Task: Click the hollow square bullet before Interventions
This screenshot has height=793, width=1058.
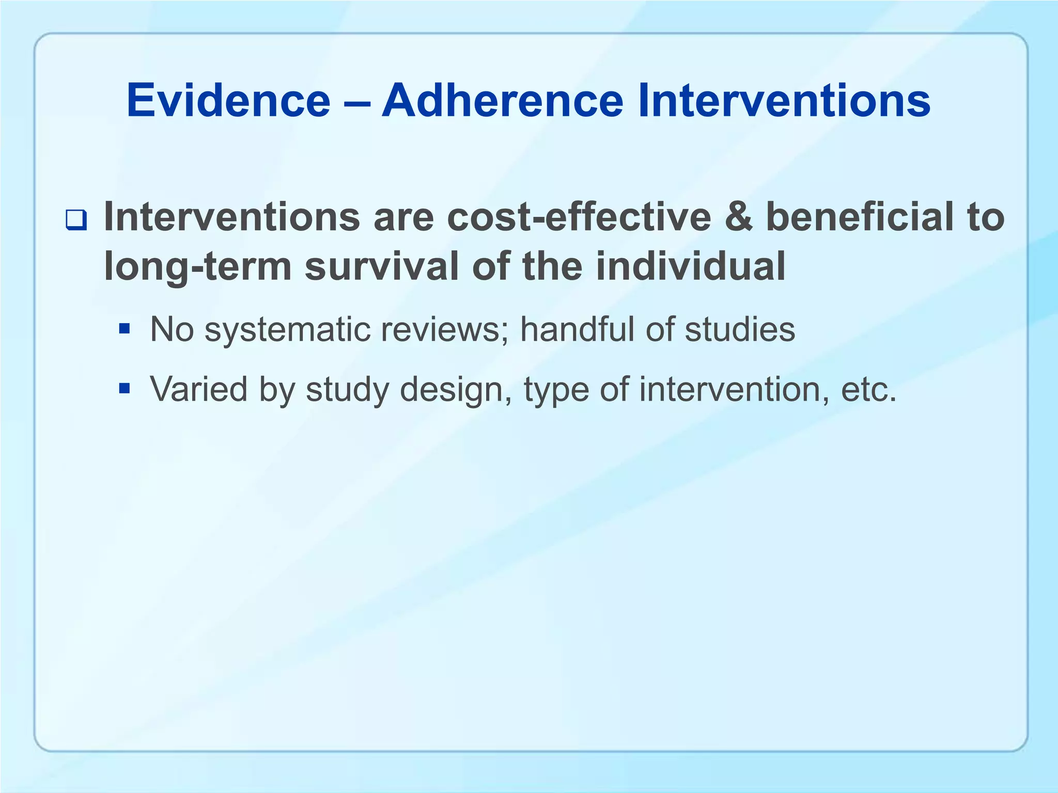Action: (76, 221)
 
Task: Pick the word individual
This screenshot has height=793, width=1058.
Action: (690, 267)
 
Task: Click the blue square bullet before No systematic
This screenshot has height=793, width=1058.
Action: (124, 328)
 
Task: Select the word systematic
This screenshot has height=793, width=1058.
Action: (287, 329)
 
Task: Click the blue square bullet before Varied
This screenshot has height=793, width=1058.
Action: (124, 388)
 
